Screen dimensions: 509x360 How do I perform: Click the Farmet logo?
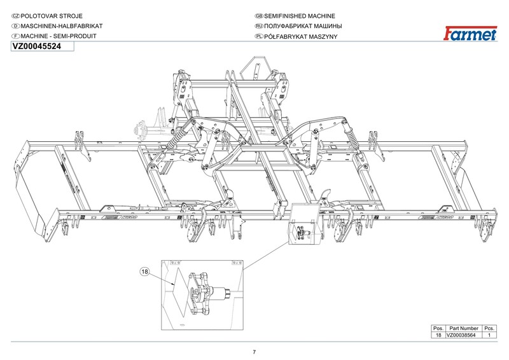point(470,34)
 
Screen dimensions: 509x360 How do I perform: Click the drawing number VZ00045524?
point(36,46)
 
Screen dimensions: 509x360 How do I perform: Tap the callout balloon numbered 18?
point(145,272)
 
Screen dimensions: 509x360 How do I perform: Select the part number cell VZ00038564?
point(461,335)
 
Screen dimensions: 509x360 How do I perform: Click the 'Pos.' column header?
point(438,328)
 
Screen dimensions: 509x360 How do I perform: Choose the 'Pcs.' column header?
point(489,328)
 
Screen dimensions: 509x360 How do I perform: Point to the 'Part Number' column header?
point(464,328)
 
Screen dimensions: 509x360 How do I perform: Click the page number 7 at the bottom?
point(254,352)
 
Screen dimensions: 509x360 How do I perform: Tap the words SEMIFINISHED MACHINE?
point(299,16)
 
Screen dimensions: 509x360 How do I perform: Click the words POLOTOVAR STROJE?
point(52,16)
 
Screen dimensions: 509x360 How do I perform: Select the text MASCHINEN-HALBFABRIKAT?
point(62,26)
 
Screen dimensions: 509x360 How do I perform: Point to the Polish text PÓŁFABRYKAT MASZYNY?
point(300,36)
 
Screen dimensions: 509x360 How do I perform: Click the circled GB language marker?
point(259,16)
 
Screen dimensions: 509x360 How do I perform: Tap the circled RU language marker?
point(259,26)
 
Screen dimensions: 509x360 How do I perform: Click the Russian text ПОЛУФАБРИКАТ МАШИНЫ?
point(303,26)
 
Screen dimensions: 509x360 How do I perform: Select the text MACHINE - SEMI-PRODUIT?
point(59,36)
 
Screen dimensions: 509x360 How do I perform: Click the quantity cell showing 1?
point(489,335)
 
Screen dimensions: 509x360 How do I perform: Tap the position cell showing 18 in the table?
point(438,335)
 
